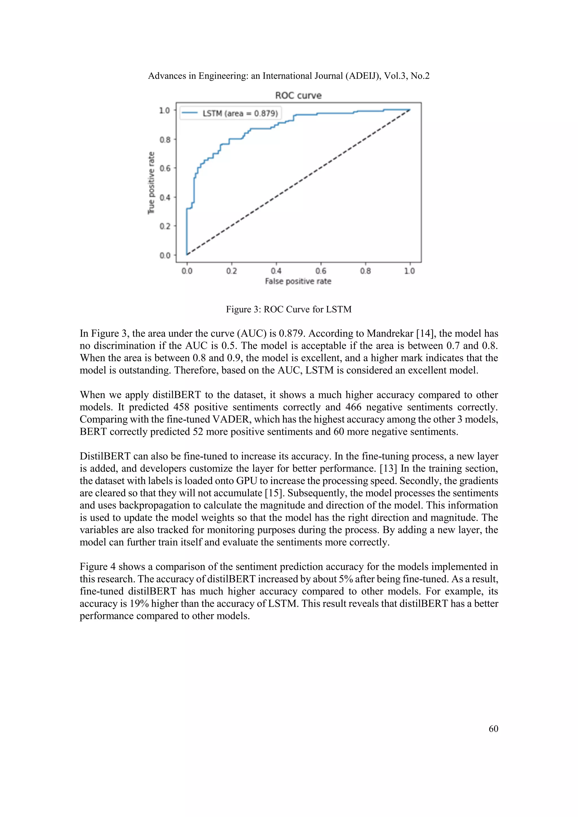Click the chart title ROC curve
[298, 95]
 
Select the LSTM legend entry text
[240, 113]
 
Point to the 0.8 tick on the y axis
[165, 139]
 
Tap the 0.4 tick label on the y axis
[165, 198]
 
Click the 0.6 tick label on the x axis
[321, 271]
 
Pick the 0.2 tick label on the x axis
[231, 271]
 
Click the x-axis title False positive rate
[298, 281]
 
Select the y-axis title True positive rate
[152, 183]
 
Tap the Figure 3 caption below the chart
[289, 309]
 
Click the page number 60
[493, 729]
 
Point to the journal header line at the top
[289, 76]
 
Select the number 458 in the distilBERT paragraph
[181, 407]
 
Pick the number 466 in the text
[353, 407]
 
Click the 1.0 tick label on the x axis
[410, 271]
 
